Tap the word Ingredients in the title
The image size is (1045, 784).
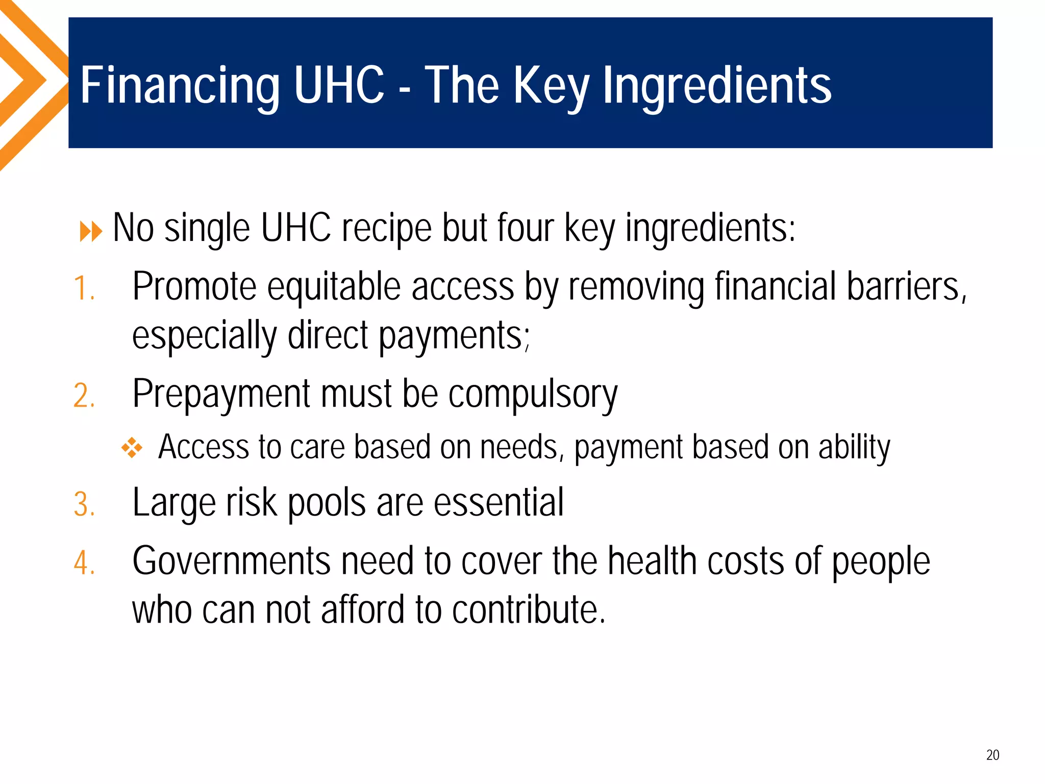pyautogui.click(x=717, y=86)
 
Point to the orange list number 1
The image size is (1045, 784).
pyautogui.click(x=84, y=288)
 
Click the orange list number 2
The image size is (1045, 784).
pyautogui.click(x=84, y=396)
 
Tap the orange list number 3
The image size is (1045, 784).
pyautogui.click(x=84, y=505)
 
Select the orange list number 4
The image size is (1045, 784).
pyautogui.click(x=84, y=563)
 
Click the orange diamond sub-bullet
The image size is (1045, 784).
pyautogui.click(x=132, y=448)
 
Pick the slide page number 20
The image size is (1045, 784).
pyautogui.click(x=992, y=755)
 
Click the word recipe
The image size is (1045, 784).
pyautogui.click(x=386, y=228)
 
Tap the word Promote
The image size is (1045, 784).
pyautogui.click(x=194, y=286)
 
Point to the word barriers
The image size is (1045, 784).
pyautogui.click(x=906, y=286)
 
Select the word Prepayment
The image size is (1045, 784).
pyautogui.click(x=221, y=395)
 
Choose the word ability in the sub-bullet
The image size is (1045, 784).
pyautogui.click(x=854, y=448)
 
